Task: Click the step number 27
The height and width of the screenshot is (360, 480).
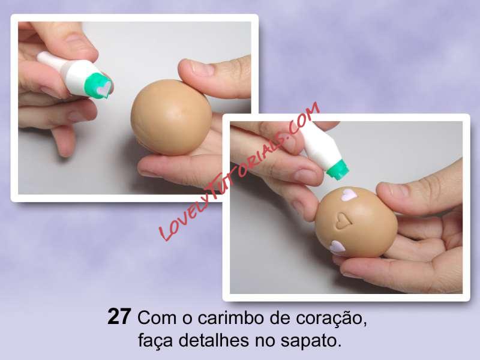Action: point(119,317)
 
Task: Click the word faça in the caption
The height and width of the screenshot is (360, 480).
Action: point(156,341)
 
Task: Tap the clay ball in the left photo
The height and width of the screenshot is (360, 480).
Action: point(171,117)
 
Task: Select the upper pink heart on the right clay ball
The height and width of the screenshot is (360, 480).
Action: point(348,194)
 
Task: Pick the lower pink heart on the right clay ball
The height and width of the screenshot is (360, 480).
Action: point(337,248)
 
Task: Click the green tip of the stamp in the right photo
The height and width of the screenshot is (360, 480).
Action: point(337,169)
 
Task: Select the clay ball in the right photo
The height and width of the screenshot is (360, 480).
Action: point(356,222)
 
